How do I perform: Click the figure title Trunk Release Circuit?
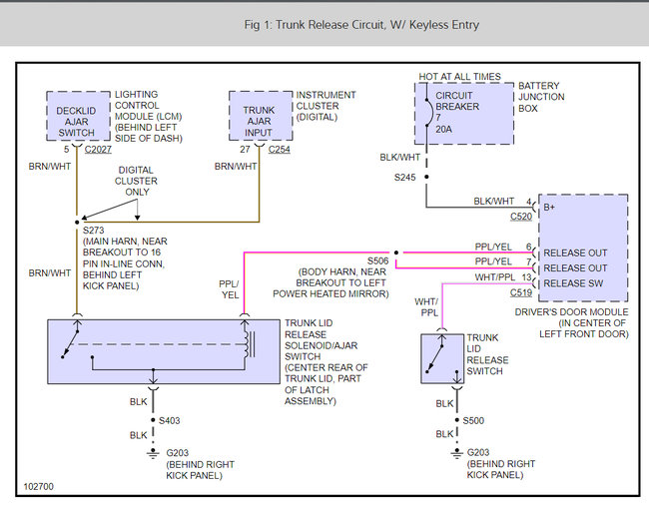361,25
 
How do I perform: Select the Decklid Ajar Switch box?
78,116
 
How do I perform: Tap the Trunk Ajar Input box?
261,116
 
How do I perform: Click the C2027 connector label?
98,150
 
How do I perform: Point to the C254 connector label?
279,150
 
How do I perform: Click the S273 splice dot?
77,223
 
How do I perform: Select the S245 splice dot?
426,177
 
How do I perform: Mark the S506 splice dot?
396,252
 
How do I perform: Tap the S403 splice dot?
153,420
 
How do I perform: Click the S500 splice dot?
457,420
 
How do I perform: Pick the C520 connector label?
521,217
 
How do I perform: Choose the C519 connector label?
521,292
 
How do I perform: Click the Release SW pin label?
573,283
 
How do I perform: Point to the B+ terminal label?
549,208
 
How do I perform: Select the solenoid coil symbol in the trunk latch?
248,344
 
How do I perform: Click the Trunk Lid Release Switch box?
442,359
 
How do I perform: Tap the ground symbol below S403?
153,454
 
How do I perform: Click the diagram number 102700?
39,486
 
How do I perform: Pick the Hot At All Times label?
459,77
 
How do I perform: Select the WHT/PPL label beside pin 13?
495,277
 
